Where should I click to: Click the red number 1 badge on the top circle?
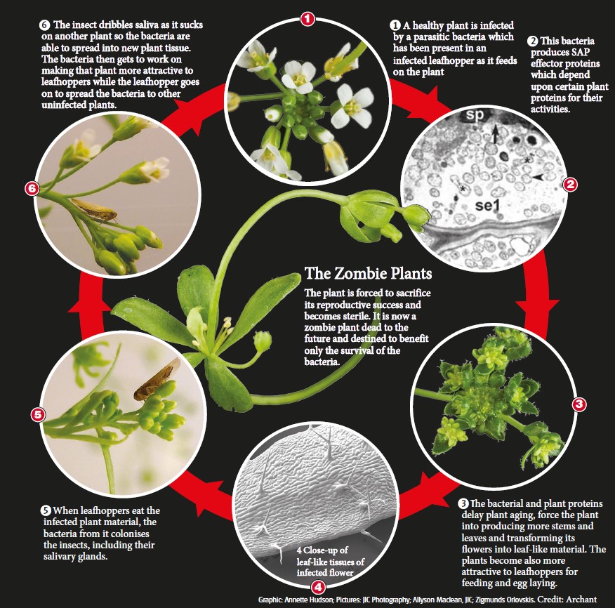(x=307, y=18)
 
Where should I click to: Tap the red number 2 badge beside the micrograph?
(x=570, y=184)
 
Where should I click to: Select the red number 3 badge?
(x=579, y=404)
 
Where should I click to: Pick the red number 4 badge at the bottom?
(x=318, y=587)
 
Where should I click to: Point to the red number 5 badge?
(x=38, y=415)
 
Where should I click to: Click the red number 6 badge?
(x=32, y=189)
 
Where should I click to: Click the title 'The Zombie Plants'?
(x=369, y=273)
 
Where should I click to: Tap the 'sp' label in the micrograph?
(x=475, y=114)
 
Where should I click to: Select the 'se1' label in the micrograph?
(x=487, y=205)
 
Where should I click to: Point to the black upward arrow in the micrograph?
(x=496, y=133)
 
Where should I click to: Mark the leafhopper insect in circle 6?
(x=95, y=210)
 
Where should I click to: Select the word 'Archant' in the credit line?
(x=581, y=600)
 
